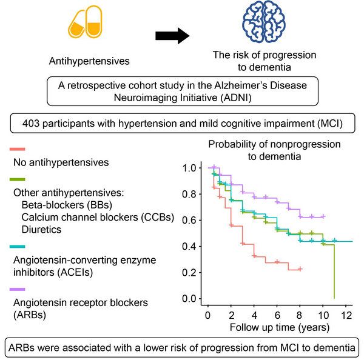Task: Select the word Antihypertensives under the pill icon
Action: (89, 62)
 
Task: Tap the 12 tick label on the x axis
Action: (346, 316)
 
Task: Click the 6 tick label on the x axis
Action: (277, 316)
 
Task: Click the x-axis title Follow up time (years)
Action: (279, 328)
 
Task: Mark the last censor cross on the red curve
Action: (300, 268)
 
